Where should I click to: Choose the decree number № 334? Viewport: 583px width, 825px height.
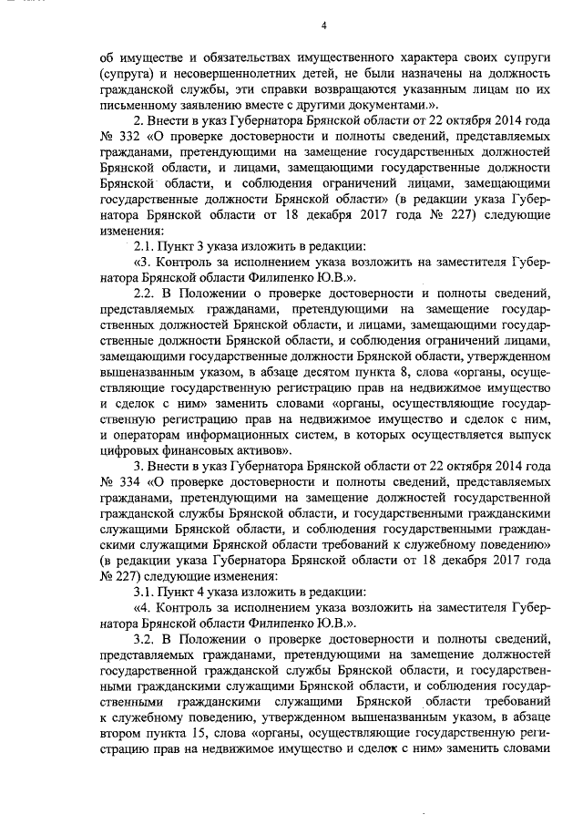click(x=114, y=480)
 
